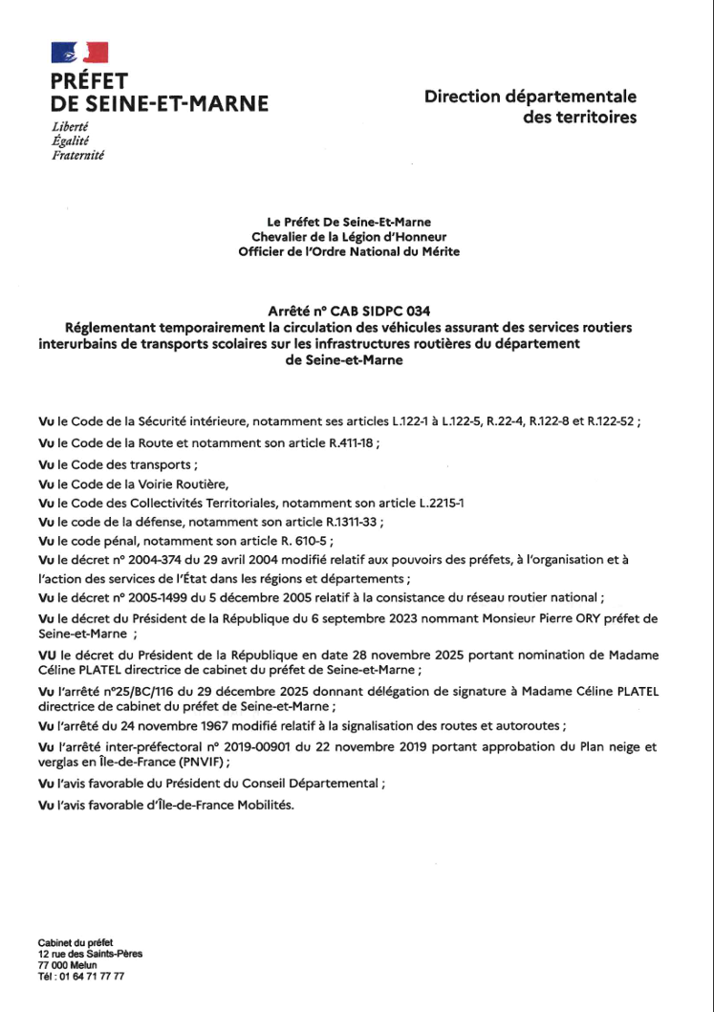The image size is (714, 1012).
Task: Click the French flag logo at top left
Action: tap(80, 54)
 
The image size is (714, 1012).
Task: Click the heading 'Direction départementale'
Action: tap(530, 97)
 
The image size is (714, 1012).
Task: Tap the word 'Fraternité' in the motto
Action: tap(78, 155)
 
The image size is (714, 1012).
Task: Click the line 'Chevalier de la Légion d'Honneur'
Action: tap(349, 236)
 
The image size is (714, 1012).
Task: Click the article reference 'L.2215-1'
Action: tap(452, 503)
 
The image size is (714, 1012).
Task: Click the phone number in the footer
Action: tap(80, 978)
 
